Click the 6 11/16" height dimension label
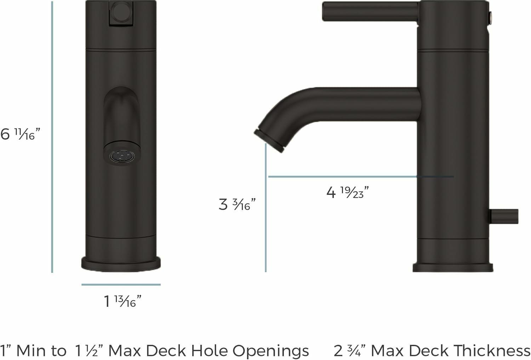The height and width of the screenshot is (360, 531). click(20, 134)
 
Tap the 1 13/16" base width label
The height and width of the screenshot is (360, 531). click(122, 301)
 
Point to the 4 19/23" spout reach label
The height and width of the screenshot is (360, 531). click(347, 192)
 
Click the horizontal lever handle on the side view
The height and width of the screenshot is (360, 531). click(370, 11)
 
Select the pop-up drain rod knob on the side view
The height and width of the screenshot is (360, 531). click(504, 216)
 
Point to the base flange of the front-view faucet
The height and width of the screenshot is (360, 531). click(121, 264)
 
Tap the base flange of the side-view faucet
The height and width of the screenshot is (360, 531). click(453, 268)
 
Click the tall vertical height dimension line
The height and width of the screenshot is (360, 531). click(52, 137)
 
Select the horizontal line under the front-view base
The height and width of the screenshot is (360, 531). click(121, 284)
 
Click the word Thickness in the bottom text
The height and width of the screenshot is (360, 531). click(492, 350)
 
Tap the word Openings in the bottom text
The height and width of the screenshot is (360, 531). click(270, 351)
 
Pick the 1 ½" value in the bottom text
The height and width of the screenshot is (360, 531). click(88, 351)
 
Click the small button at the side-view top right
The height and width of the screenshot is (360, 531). click(491, 17)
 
